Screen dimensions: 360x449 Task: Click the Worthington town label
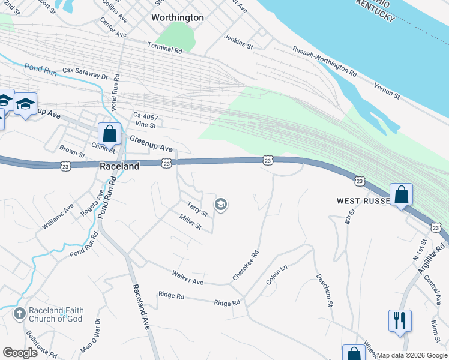pos(178,18)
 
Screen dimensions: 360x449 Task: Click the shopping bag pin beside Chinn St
pos(110,134)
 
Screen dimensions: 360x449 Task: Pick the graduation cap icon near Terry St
pos(221,206)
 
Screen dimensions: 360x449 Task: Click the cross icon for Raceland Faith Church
pos(19,313)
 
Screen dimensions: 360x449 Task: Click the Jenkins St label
pos(238,41)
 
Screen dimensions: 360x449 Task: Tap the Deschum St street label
pos(324,290)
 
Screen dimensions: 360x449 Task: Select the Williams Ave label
pos(58,216)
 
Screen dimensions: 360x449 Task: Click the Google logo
pos(20,353)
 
